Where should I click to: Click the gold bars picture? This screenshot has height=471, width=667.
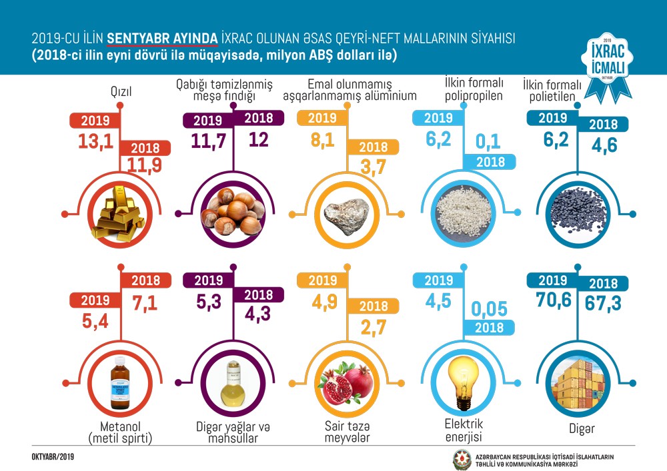(x=120, y=215)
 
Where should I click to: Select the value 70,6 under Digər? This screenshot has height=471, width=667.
(x=554, y=302)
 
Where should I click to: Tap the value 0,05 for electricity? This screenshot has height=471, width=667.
(x=489, y=308)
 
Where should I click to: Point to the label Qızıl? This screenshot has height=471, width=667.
(x=120, y=93)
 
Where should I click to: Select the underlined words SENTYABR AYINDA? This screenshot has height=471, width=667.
(x=163, y=38)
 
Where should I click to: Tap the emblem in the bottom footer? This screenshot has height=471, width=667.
(x=462, y=458)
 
